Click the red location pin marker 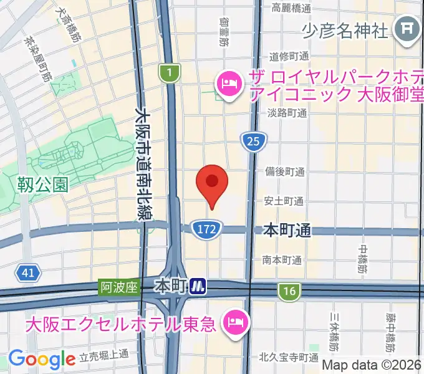(212, 183)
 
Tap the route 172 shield (205, 229)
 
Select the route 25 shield (253, 142)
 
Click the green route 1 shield (168, 74)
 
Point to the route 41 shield (27, 273)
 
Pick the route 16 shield (289, 290)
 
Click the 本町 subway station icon (198, 286)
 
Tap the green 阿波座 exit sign (118, 287)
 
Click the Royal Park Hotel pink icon (229, 82)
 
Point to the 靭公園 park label (42, 185)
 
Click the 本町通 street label (287, 231)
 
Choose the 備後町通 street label (284, 172)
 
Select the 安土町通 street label (284, 201)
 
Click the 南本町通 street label (282, 259)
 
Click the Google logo (42, 359)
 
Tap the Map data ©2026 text (372, 365)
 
